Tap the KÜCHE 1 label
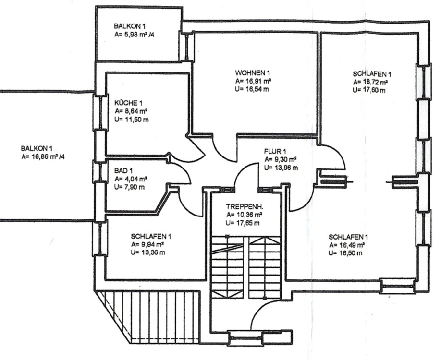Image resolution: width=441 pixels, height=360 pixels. tap(128, 103)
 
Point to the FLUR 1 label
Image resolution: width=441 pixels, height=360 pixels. tap(275, 150)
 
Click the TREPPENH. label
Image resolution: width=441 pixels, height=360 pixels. tap(245, 207)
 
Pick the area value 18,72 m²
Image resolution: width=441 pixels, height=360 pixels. tap(376, 82)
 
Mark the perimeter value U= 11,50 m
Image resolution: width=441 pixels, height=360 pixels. tap(131, 119)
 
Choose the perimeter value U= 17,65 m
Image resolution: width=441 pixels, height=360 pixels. tap(243, 223)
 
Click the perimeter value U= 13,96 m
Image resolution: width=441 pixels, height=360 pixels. tap(281, 167)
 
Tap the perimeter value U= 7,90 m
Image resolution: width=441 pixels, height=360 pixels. tap(129, 187)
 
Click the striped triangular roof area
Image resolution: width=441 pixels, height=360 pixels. tap(144, 314)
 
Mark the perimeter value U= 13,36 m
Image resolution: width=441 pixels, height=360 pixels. tap(150, 253)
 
